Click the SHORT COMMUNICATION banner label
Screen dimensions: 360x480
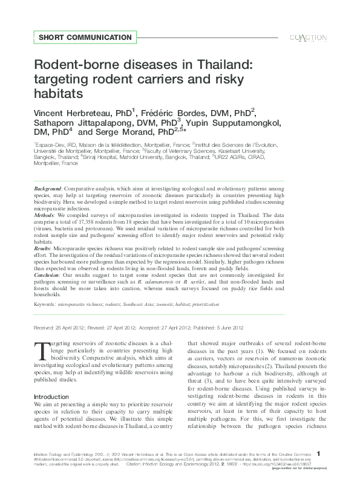tap(85, 37)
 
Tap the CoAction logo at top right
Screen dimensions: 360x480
tap(308, 37)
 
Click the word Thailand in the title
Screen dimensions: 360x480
tap(212, 64)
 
